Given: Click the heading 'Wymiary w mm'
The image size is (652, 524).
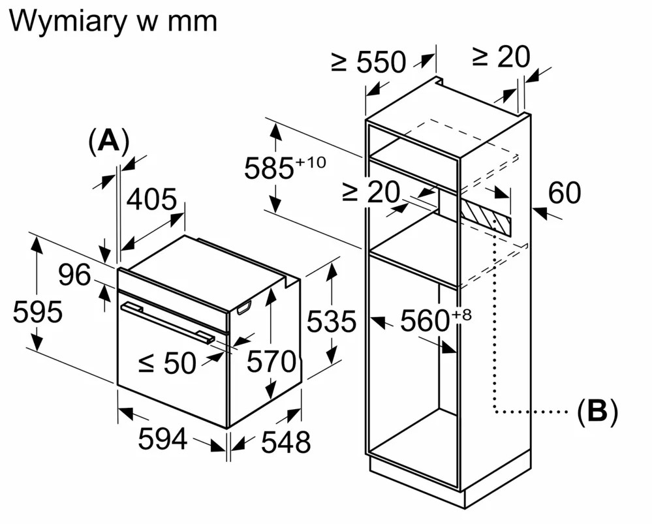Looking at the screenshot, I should pos(113,21).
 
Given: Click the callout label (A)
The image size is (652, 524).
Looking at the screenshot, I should pos(108,141).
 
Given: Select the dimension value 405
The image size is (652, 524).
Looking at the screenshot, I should pos(151,200).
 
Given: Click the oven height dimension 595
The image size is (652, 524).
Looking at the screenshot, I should pos(38,313).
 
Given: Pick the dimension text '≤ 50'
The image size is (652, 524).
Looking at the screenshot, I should pos(168,363).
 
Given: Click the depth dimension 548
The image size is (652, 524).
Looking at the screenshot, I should pos(285,443).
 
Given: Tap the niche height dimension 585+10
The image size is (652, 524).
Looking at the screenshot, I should pos(284,168).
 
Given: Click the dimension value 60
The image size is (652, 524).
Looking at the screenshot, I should pos(564,193).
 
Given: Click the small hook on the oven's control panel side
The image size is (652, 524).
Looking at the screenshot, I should pos(244,308).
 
